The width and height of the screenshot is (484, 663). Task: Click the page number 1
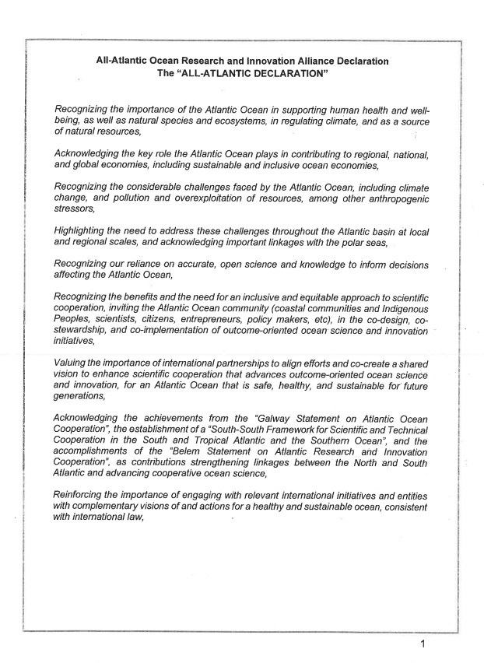click(x=423, y=644)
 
